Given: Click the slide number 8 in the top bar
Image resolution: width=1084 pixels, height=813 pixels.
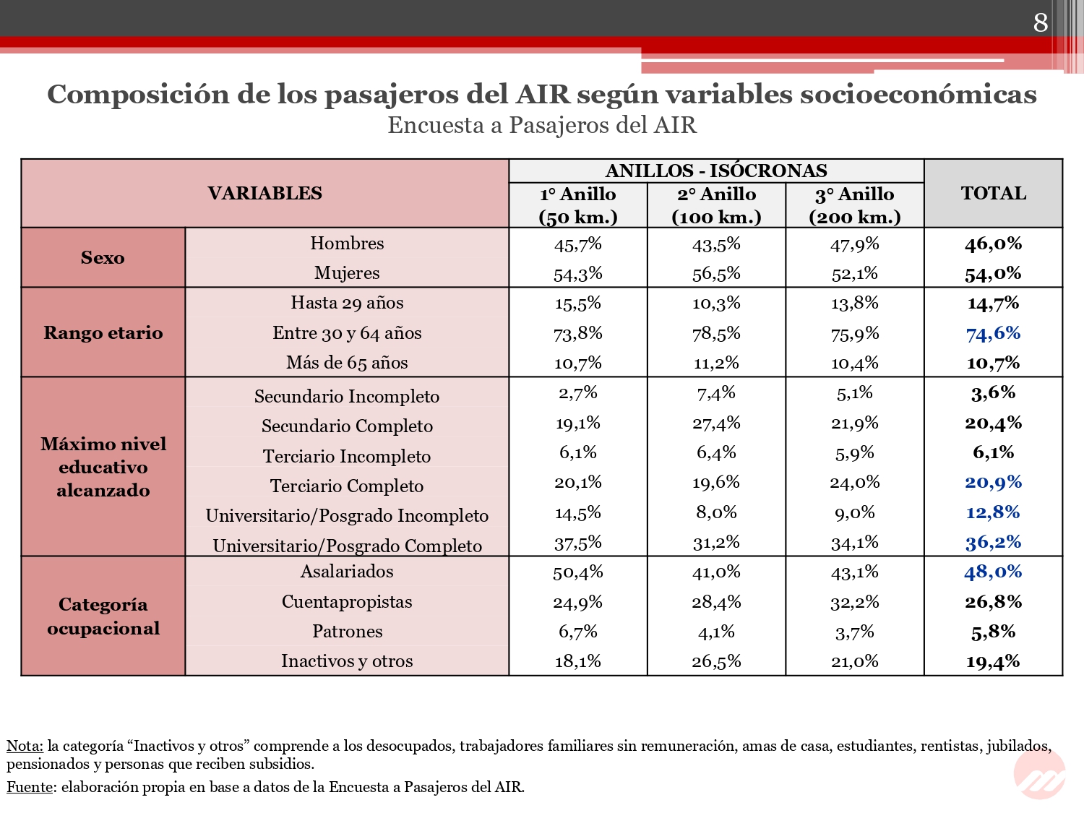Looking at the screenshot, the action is tap(1040, 22).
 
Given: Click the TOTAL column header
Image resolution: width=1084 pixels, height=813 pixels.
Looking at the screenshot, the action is tap(993, 193).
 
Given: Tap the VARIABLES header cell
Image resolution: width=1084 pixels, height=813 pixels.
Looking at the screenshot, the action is tap(264, 193).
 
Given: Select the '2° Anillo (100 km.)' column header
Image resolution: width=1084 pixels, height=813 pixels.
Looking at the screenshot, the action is tap(716, 205).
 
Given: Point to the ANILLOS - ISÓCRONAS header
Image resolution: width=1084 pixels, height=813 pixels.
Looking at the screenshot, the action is tap(716, 171).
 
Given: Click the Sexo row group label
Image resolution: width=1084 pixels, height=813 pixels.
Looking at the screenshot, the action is tap(103, 258).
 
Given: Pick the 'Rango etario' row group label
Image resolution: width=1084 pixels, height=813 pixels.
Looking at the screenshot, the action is tap(103, 332).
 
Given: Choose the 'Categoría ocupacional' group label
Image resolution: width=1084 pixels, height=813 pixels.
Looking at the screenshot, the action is tap(103, 616).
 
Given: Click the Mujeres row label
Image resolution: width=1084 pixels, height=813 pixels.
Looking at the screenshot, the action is tap(347, 273).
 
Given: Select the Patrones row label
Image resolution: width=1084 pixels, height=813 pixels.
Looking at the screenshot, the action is tap(347, 632).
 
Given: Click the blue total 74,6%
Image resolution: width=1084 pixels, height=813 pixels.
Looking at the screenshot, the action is tap(993, 334).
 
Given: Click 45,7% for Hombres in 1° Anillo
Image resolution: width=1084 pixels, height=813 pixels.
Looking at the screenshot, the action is tap(578, 244).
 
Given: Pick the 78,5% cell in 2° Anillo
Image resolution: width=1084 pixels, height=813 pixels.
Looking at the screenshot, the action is tap(716, 334).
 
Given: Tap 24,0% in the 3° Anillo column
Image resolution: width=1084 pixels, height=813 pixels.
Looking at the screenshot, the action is tap(854, 482).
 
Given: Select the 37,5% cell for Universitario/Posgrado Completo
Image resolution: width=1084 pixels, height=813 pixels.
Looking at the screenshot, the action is tap(578, 543).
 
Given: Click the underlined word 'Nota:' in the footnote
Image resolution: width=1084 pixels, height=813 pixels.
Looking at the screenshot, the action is tap(25, 745).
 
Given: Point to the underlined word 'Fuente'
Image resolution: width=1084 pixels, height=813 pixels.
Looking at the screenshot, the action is tap(30, 787).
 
